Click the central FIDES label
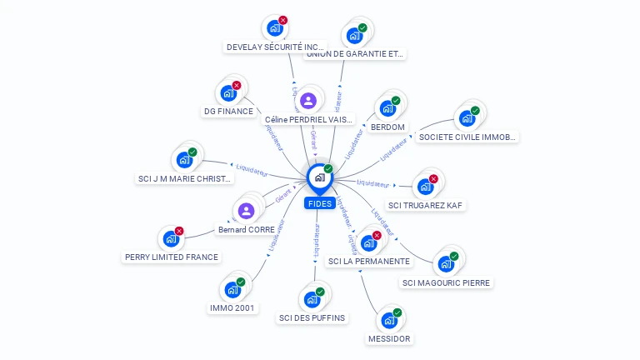pyautogui.click(x=320, y=203)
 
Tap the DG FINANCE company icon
pyautogui.click(x=227, y=93)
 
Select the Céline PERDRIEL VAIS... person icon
pyautogui.click(x=309, y=101)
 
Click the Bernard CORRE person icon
pyautogui.click(x=246, y=211)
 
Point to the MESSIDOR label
pyautogui.click(x=388, y=339)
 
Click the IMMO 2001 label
pyautogui.click(x=232, y=307)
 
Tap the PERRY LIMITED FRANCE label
pyautogui.click(x=171, y=257)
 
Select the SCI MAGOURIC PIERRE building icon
pyautogui.click(x=446, y=264)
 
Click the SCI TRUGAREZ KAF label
pyautogui.click(x=426, y=205)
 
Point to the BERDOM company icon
pyautogui.click(x=387, y=108)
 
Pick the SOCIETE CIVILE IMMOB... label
pyautogui.click(x=467, y=137)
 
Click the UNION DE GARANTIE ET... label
pyautogui.click(x=355, y=54)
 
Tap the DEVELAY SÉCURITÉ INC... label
pyautogui.click(x=275, y=47)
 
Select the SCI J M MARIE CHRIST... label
pyautogui.click(x=184, y=178)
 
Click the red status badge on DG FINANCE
pyautogui.click(x=237, y=85)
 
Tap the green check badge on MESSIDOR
pyautogui.click(x=397, y=312)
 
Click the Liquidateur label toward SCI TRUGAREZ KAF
pyautogui.click(x=372, y=182)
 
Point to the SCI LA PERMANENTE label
pyautogui.click(x=369, y=261)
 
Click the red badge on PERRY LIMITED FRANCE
pyautogui.click(x=179, y=231)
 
